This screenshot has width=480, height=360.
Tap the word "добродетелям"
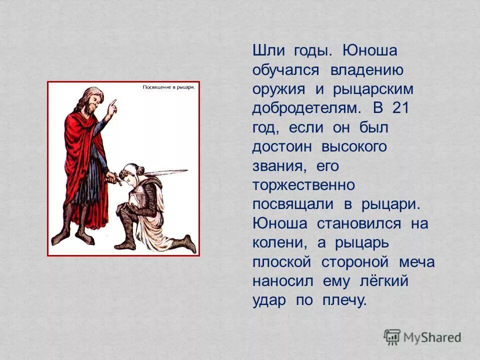306,108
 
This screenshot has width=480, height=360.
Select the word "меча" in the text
416,262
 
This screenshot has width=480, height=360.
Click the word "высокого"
354,147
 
